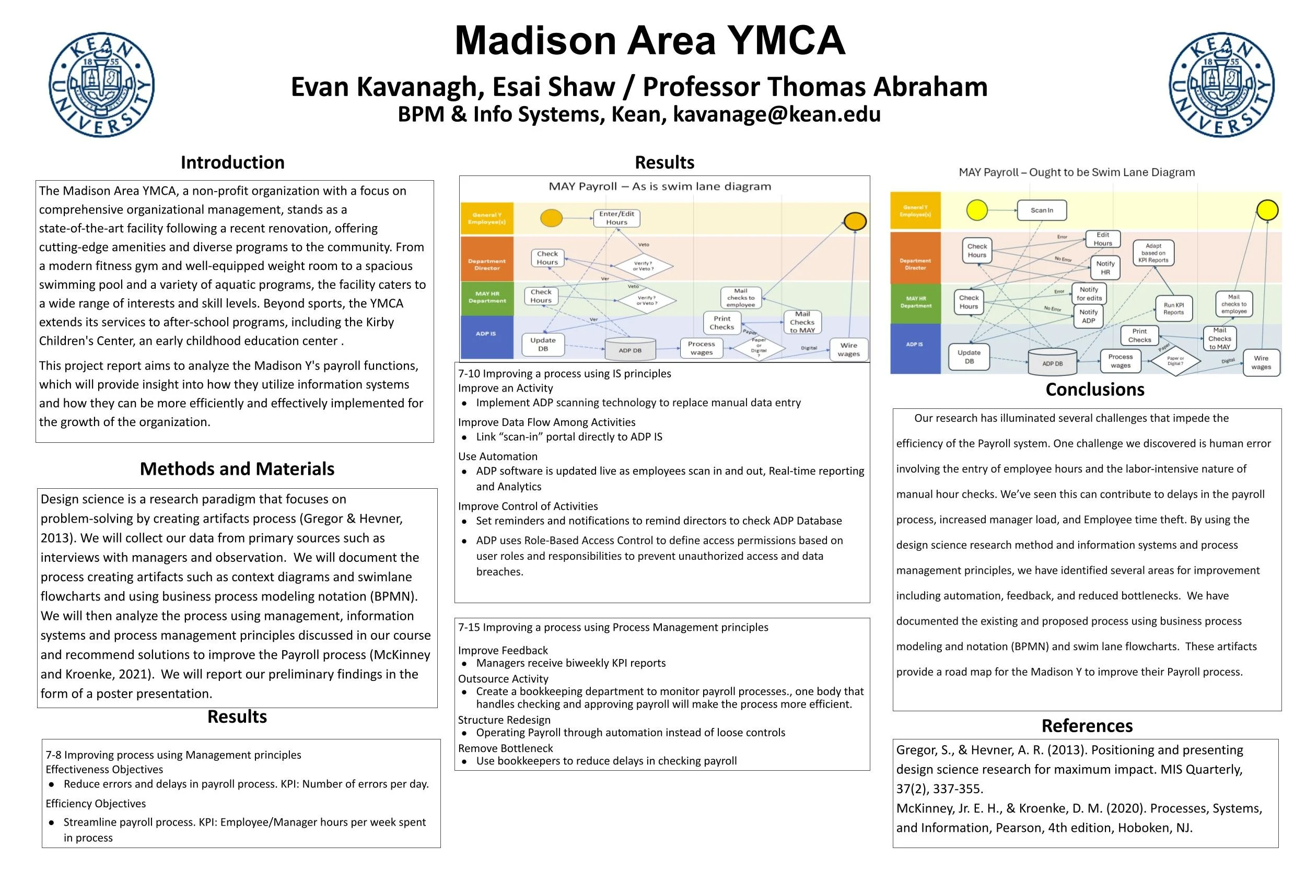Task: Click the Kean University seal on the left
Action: pyautogui.click(x=101, y=85)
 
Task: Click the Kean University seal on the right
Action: pyautogui.click(x=1222, y=85)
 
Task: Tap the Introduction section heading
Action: pyautogui.click(x=232, y=162)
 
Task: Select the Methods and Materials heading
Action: pyautogui.click(x=237, y=469)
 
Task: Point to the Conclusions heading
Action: pyautogui.click(x=1094, y=390)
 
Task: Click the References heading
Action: pyautogui.click(x=1087, y=726)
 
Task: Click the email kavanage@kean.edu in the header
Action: pyautogui.click(x=776, y=114)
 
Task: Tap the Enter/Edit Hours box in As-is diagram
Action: pyautogui.click(x=616, y=218)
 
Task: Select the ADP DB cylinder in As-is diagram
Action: pyautogui.click(x=630, y=349)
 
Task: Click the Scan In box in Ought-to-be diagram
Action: pyautogui.click(x=1041, y=210)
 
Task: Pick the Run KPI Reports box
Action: pyautogui.click(x=1173, y=309)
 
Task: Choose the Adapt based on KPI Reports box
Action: pyautogui.click(x=1153, y=253)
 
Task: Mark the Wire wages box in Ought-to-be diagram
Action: pyautogui.click(x=1261, y=362)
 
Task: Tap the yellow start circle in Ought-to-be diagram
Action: pyautogui.click(x=977, y=210)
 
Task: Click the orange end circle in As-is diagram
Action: pyautogui.click(x=855, y=221)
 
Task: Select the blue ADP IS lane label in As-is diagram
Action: pyautogui.click(x=486, y=334)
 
